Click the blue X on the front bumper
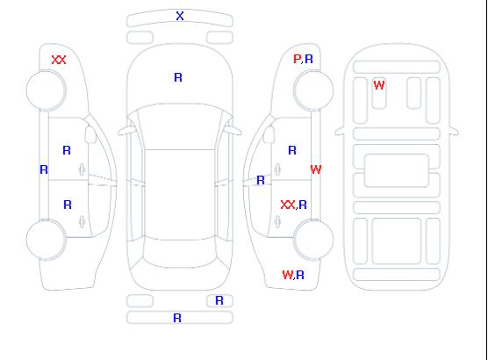pos(180,16)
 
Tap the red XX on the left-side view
pos(59,60)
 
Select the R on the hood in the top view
pos(178,77)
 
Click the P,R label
pos(303,59)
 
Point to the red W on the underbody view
pos(379,85)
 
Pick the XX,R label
pos(294,205)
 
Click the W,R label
pos(293,275)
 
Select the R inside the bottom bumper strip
pos(177,318)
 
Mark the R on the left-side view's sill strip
pos(44,169)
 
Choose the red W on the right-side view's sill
pos(316,169)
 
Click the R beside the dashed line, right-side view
pos(261,180)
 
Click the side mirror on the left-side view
pos(90,134)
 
